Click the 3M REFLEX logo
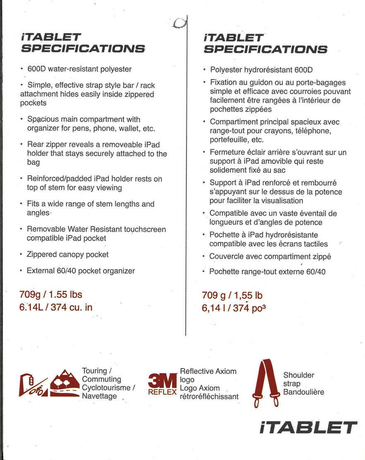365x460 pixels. coord(163,384)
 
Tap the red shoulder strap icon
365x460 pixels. coord(264,383)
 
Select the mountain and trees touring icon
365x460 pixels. coord(65,383)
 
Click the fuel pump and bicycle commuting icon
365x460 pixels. coord(33,385)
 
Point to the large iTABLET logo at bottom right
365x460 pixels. coord(308,428)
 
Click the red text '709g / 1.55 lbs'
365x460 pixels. coord(51,295)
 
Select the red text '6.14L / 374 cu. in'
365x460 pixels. coord(56,307)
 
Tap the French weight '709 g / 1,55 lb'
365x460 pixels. coord(232,295)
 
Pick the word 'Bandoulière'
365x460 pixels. coord(304,392)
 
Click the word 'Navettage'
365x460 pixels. coord(99,396)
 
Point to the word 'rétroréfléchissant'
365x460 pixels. coord(209,397)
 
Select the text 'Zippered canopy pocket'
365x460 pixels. coord(67,254)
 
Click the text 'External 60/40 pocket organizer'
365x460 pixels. coord(81,271)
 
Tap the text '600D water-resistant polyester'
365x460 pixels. coord(79,69)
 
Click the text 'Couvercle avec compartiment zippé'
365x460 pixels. coord(270,257)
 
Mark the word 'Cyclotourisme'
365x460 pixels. coord(106,387)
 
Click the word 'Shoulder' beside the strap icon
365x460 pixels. coord(298,375)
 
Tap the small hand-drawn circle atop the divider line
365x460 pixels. coord(180,23)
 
